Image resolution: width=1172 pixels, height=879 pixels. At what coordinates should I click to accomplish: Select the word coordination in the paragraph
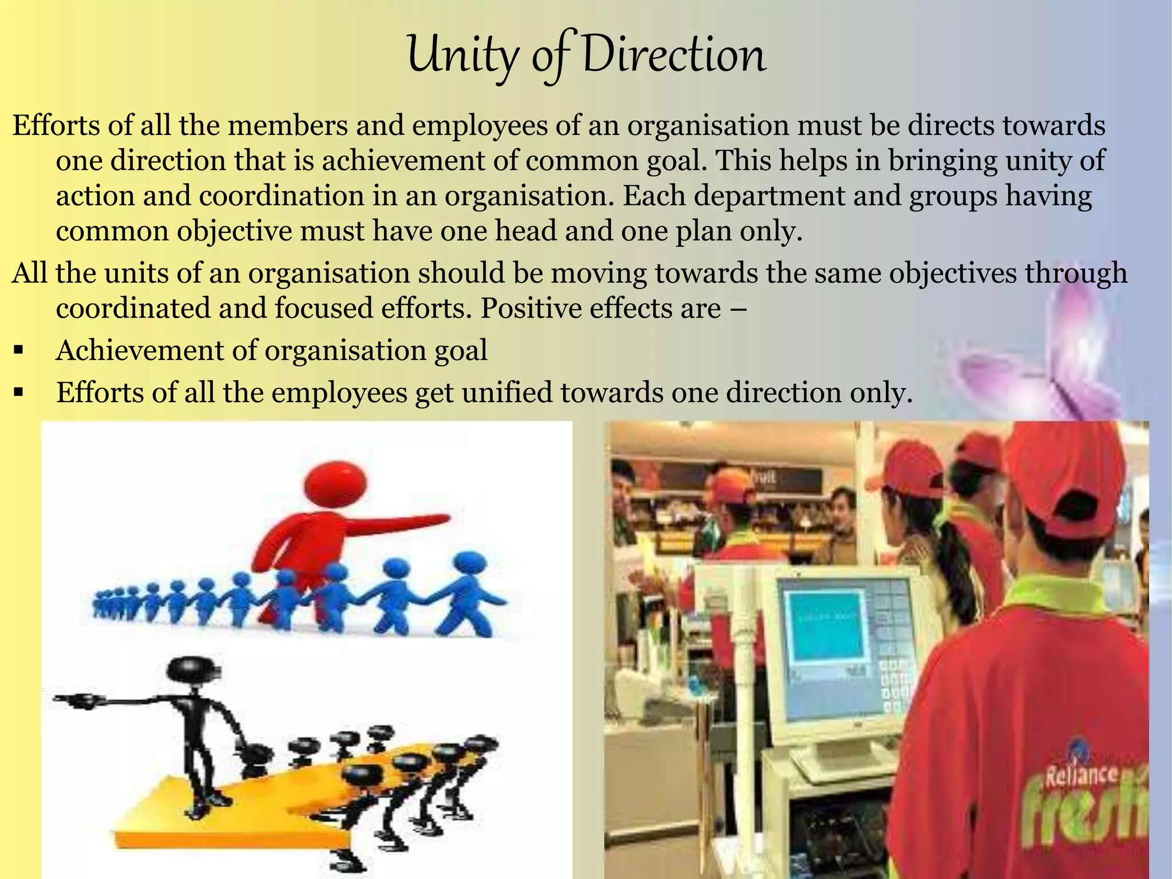(282, 196)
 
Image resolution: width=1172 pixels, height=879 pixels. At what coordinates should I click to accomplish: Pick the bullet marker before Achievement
(18, 350)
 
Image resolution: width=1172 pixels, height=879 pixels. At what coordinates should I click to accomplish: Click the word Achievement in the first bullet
(140, 350)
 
